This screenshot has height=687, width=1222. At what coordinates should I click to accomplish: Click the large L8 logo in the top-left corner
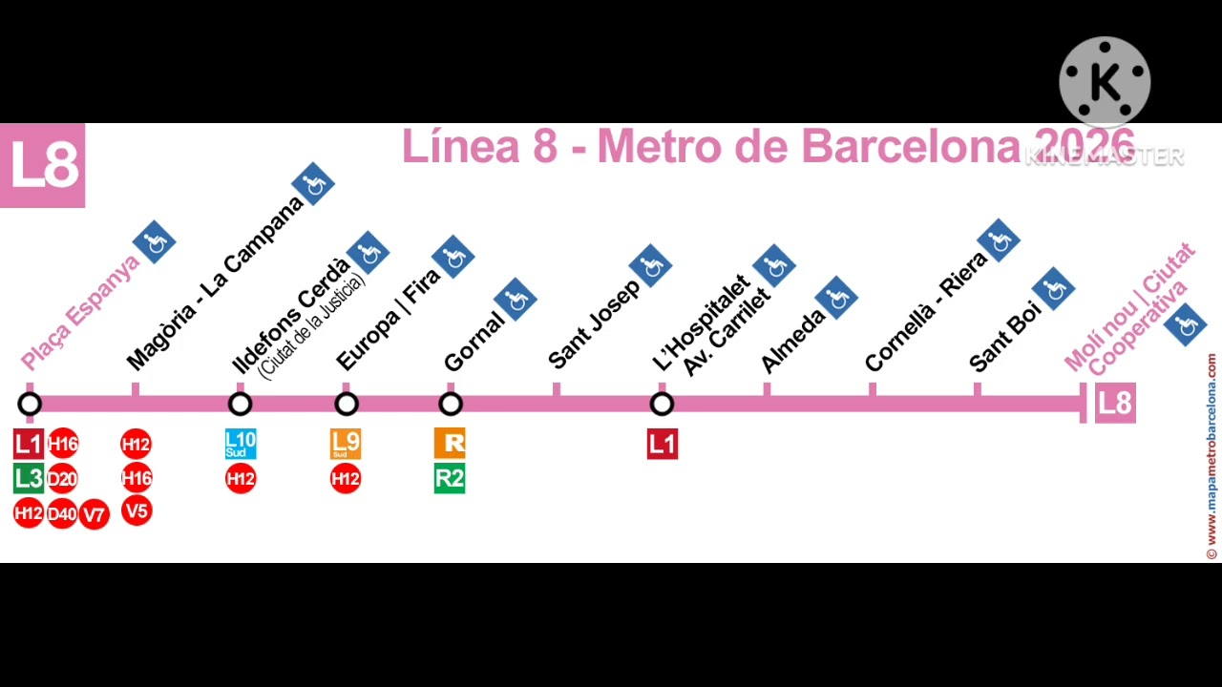point(43,165)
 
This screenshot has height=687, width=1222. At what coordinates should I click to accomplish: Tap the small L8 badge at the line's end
point(1114,404)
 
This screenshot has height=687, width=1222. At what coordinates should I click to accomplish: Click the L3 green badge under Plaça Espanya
point(29,478)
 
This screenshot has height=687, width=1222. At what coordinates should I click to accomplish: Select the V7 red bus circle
point(94,515)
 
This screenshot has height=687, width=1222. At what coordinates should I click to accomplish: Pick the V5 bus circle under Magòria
point(137,511)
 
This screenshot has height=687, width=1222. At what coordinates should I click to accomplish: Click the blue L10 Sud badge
point(241,444)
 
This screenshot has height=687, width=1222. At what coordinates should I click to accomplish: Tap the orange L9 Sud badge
point(346,444)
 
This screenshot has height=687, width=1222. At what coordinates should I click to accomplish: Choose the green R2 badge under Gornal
point(450,478)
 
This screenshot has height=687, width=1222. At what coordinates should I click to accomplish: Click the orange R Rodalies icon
point(450,444)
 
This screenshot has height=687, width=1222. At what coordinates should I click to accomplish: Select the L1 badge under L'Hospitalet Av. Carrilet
point(662,444)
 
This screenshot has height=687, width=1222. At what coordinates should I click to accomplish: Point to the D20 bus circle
point(62,478)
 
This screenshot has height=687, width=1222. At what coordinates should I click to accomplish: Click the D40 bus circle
point(62,514)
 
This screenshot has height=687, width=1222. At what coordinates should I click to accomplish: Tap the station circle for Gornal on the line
point(451,404)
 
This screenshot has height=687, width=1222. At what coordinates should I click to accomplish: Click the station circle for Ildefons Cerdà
point(240,404)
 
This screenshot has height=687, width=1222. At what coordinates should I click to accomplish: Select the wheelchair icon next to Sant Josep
point(650,266)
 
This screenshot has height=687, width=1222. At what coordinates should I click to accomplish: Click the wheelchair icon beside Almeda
point(836,298)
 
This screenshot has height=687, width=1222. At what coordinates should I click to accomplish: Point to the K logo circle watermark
point(1105,83)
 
